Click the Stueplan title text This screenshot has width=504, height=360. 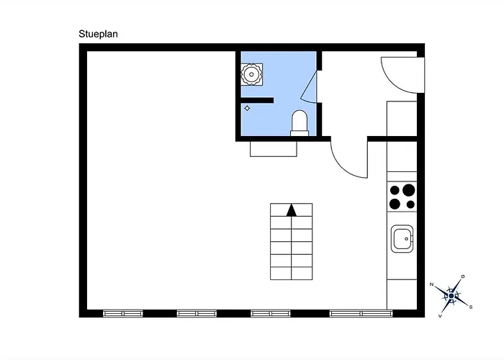point(98,34)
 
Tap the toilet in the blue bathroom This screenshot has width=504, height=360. point(300,123)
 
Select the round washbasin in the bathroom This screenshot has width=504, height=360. point(252,75)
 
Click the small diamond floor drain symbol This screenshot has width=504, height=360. point(247,108)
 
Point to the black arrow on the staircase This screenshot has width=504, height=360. point(292,210)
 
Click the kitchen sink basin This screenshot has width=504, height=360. point(402,239)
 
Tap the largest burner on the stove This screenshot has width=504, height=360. point(408,190)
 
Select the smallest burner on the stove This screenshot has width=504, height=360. point(410,204)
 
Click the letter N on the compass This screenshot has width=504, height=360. point(432,284)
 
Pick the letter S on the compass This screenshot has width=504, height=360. point(471,307)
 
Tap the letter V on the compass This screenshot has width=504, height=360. point(440,316)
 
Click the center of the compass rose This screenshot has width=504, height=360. point(451,295)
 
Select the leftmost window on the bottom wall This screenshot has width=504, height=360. point(123,313)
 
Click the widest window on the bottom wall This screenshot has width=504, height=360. point(361,313)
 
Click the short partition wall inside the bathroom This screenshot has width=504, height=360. point(257,100)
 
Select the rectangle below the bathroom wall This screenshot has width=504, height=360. point(274,149)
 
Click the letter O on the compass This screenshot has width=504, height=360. point(463,276)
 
